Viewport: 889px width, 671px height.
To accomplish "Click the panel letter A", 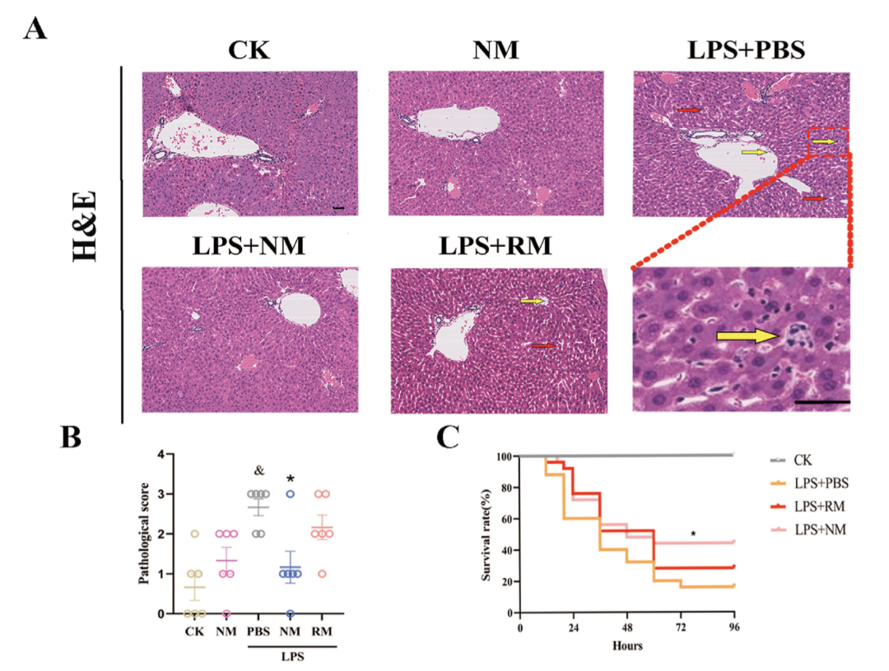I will click(x=35, y=30).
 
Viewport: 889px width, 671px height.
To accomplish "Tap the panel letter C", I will click(x=448, y=437).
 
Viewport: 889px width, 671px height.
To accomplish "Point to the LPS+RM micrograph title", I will click(x=496, y=246).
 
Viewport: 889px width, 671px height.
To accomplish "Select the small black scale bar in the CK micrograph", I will click(x=340, y=208).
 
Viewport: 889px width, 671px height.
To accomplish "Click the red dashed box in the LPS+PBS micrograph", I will click(x=828, y=141).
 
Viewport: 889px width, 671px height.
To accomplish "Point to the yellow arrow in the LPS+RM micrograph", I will click(x=533, y=302).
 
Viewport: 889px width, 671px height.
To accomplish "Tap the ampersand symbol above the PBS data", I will click(x=258, y=470).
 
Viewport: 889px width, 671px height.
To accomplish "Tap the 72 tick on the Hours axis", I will click(x=680, y=627).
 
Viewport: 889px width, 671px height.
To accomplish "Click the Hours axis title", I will click(x=627, y=645).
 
